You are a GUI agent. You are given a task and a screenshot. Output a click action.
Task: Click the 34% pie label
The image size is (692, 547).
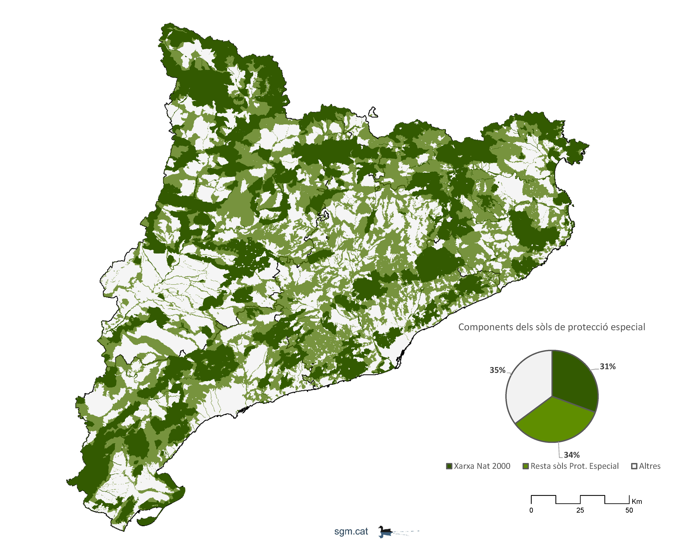572,455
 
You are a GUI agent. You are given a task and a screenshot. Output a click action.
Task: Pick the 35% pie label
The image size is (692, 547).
497,370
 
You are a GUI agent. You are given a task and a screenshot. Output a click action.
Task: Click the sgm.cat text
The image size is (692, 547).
351,532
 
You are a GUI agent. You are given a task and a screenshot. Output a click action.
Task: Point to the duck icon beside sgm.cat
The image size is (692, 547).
385,532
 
